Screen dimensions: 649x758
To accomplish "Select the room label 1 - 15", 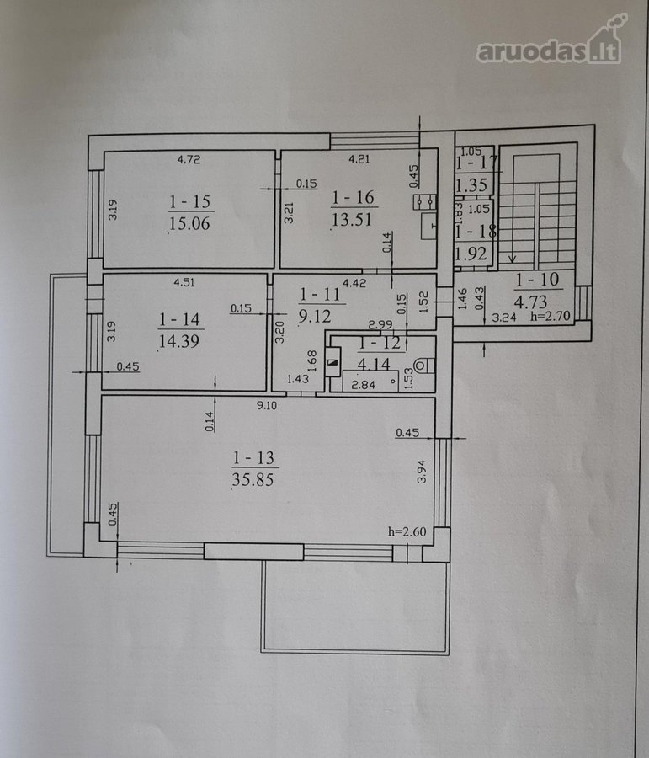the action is point(190,202).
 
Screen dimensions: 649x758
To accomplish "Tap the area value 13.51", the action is point(353,220).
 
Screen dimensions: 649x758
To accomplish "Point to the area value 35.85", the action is point(253,479).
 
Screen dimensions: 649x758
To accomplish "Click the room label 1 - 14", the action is point(180,319).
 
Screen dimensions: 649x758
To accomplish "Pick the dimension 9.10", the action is point(267,406).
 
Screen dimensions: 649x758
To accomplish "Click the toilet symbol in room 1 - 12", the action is point(423,366).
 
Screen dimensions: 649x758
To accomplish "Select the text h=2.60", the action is point(407,532).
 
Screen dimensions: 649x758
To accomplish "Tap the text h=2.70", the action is point(551,317).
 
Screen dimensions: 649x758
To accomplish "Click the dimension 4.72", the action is point(189,159).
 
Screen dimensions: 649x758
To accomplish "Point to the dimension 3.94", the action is point(422,472).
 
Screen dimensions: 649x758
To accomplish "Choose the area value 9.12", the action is point(315,316).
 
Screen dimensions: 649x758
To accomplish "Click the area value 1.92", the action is point(471,254).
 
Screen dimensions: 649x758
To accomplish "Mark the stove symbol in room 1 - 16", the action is point(425,201).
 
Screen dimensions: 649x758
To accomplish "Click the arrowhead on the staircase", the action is point(513,259).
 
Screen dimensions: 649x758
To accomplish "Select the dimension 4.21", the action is point(359,158).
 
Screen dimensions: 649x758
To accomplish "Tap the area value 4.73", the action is point(530,302).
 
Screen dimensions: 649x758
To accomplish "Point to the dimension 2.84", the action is point(363,385).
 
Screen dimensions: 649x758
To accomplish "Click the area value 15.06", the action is point(190,223).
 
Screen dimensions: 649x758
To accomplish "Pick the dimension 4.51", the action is point(184,282).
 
